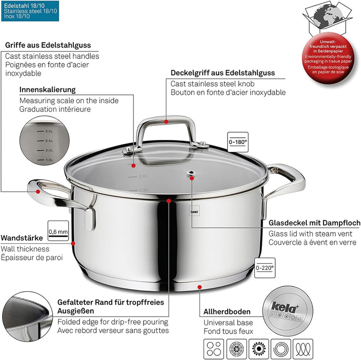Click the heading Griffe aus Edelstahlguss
[x=52, y=45]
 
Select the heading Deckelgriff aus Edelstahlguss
[x=223, y=73]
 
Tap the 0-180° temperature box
[x=238, y=142]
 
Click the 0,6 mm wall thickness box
[x=58, y=232]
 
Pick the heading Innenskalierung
[x=47, y=89]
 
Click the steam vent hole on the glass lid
[x=191, y=174]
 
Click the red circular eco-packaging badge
[x=332, y=55]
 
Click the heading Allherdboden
[x=227, y=312]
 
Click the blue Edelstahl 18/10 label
[x=30, y=10]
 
